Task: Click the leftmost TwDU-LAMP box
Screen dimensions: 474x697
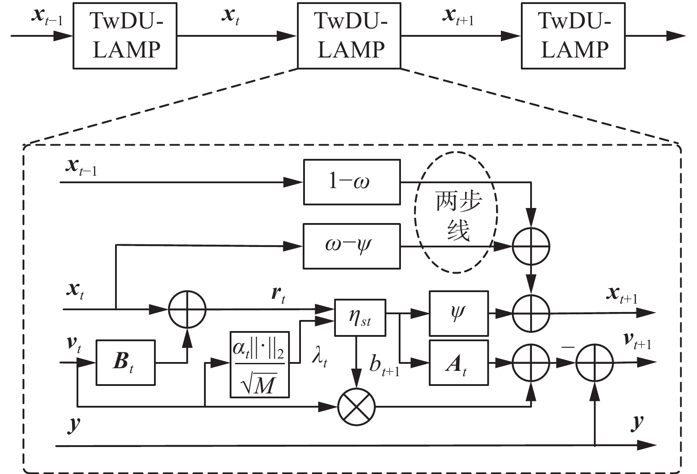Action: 125,36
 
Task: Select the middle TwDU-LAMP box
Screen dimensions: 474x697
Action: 349,36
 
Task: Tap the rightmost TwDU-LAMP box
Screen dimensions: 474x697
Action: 573,36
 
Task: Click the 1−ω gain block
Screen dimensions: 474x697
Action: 352,182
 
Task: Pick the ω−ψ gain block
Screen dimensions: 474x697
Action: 352,246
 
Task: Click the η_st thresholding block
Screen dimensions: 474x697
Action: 360,317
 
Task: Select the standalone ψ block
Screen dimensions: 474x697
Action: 458,313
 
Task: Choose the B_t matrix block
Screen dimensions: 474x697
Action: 125,362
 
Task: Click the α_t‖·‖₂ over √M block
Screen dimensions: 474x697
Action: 259,364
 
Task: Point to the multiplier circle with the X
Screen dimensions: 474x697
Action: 356,406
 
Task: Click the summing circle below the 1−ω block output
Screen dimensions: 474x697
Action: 531,246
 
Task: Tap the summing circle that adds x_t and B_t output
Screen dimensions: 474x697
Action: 187,309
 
